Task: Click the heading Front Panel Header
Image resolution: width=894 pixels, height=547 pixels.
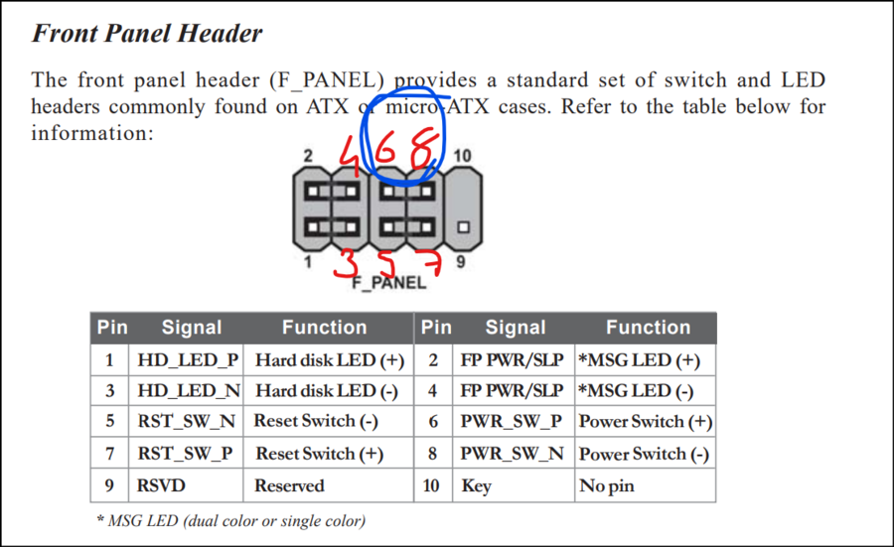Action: pos(147,33)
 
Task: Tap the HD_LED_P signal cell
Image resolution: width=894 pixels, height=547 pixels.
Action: pos(188,359)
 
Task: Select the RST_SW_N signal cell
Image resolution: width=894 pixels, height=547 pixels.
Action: pos(187,421)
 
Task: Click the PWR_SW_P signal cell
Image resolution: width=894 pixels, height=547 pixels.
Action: pos(511,421)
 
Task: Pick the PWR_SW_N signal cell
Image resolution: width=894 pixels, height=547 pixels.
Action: pos(512,454)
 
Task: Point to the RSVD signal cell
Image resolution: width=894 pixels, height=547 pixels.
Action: pos(161,486)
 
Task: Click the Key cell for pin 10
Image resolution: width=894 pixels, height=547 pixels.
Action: pos(476,486)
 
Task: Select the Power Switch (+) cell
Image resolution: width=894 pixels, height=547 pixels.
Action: pos(645,421)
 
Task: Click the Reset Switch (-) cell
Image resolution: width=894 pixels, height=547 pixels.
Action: pos(316,421)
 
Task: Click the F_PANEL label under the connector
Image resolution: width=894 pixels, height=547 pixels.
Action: pos(389,283)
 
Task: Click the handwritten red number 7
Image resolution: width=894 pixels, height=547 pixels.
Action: pos(431,264)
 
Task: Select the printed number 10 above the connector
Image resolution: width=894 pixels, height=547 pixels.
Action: pos(462,156)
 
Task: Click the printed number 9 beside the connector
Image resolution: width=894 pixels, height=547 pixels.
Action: pos(460,264)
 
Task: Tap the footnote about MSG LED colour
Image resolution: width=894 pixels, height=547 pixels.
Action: pos(230,520)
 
